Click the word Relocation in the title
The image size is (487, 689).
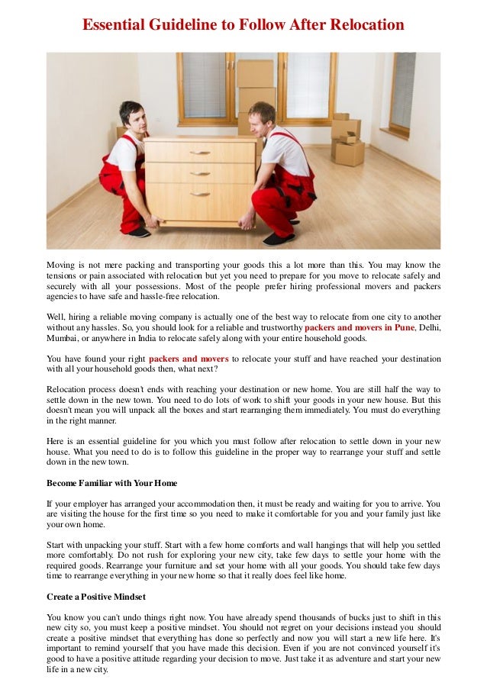click(366, 25)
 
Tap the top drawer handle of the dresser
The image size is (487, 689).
click(199, 152)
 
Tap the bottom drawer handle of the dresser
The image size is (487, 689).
click(199, 195)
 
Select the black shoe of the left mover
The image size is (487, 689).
click(138, 232)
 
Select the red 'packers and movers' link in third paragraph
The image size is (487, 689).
click(189, 359)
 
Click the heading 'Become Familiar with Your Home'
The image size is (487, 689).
click(111, 483)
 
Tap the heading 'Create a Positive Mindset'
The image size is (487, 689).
click(95, 596)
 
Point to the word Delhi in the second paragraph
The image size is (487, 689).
click(429, 327)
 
